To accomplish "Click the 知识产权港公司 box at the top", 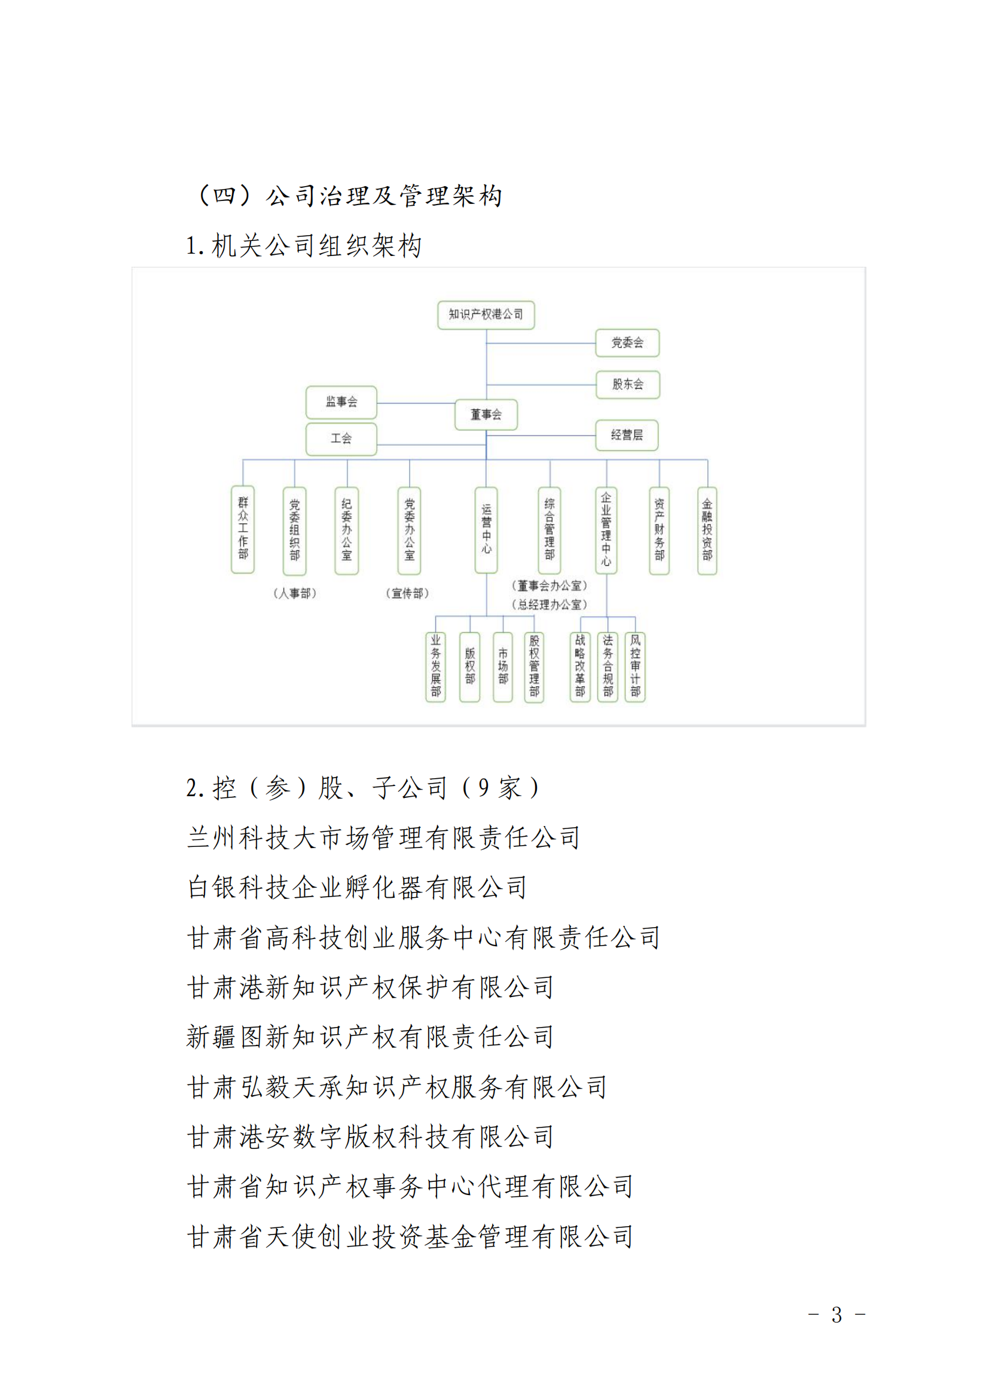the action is pyautogui.click(x=486, y=315).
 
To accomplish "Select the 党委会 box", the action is pyautogui.click(x=627, y=343).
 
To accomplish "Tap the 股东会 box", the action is pyautogui.click(x=627, y=384).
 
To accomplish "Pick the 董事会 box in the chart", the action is pyautogui.click(x=486, y=414).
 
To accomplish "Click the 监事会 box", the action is pyautogui.click(x=341, y=401).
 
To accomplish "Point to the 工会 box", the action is pyautogui.click(x=341, y=438).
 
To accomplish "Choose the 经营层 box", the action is pyautogui.click(x=627, y=435).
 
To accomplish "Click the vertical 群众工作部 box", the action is pyautogui.click(x=243, y=529).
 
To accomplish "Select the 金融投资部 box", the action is pyautogui.click(x=707, y=530).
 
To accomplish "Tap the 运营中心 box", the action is pyautogui.click(x=486, y=529).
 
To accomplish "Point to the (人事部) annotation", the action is pyautogui.click(x=295, y=593).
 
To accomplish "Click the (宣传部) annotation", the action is pyautogui.click(x=407, y=593).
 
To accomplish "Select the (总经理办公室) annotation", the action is pyautogui.click(x=550, y=605).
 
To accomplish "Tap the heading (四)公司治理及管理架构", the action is pyautogui.click(x=350, y=196).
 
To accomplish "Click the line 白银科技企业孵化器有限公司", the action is pyautogui.click(x=356, y=887).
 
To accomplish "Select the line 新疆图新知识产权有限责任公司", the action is pyautogui.click(x=370, y=1037).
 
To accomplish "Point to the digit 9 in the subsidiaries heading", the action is pyautogui.click(x=483, y=788).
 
